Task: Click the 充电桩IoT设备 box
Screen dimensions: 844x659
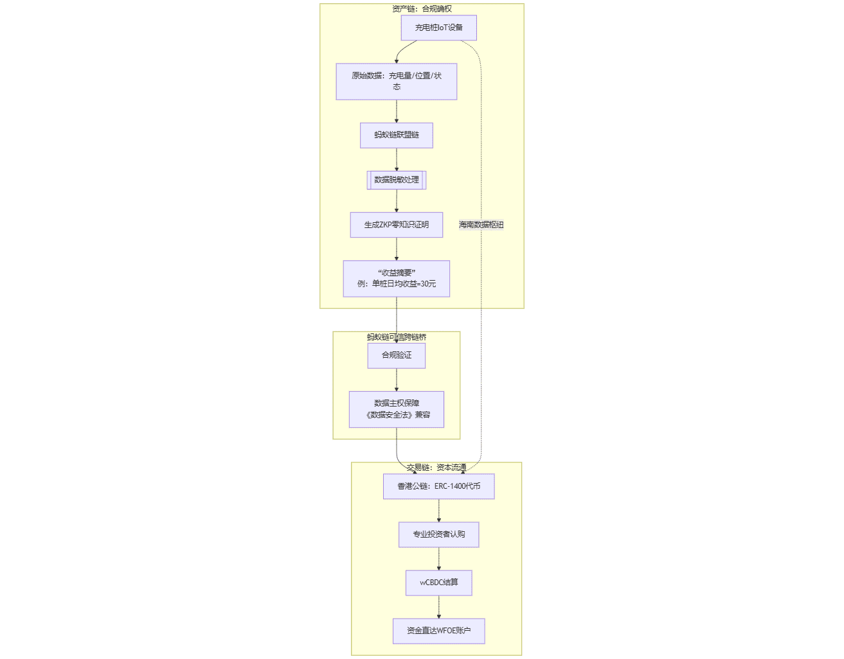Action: (438, 28)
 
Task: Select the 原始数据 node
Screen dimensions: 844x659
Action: (396, 82)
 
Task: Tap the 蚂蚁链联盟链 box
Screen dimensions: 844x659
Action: (396, 135)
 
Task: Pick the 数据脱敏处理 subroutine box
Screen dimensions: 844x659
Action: (396, 180)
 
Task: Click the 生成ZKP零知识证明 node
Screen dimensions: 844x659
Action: (396, 225)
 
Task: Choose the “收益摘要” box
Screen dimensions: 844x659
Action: (396, 279)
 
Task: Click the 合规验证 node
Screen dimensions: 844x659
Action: (396, 355)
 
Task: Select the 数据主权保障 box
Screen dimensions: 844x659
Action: (396, 409)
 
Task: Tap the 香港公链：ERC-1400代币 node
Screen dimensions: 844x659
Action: (438, 486)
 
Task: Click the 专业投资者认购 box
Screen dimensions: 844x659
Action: (438, 534)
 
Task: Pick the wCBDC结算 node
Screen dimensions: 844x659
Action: (438, 583)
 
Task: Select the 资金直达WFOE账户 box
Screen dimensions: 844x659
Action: (438, 631)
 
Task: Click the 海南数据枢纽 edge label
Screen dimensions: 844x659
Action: (481, 225)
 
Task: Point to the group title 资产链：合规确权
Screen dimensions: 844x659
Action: (422, 9)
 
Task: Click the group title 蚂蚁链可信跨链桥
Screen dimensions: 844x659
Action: (396, 337)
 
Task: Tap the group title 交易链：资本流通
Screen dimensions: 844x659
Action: (436, 468)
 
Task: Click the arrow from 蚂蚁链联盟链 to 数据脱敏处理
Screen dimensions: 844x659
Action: (396, 159)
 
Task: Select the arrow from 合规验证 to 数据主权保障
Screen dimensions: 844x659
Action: (396, 380)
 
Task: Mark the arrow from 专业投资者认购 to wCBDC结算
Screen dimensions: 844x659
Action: (438, 559)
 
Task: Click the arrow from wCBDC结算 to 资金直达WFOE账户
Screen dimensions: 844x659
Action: (438, 607)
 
